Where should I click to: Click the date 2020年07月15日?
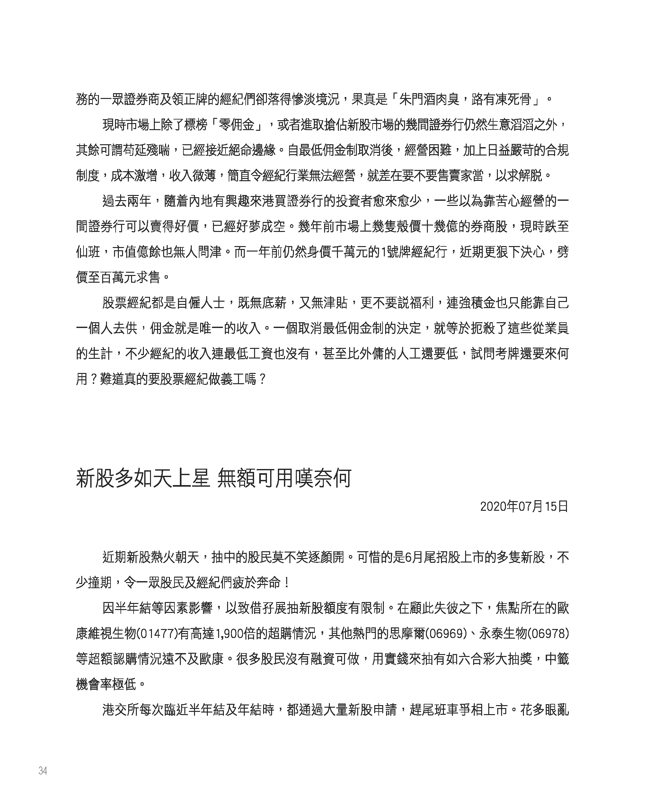point(524,507)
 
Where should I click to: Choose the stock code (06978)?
point(548,633)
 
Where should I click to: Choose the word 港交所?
point(120,710)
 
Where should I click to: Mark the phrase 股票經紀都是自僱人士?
point(163,303)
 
